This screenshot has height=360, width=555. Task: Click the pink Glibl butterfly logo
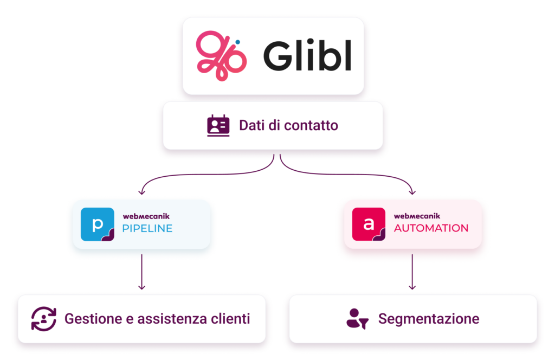click(221, 56)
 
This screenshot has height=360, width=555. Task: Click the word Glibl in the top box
click(307, 55)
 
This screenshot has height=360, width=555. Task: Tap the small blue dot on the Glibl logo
click(237, 42)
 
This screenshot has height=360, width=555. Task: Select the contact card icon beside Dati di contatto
click(218, 125)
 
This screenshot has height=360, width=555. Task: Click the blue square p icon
click(98, 224)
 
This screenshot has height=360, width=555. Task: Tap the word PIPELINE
click(147, 228)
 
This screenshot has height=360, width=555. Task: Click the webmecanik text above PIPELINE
click(146, 216)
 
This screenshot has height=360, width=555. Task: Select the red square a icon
click(369, 224)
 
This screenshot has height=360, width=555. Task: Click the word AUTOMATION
click(431, 228)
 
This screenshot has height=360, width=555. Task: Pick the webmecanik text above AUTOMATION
click(417, 216)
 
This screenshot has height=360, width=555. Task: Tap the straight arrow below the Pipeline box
click(142, 272)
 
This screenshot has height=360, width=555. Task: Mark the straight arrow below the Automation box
click(412, 272)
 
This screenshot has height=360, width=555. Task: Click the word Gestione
click(93, 319)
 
